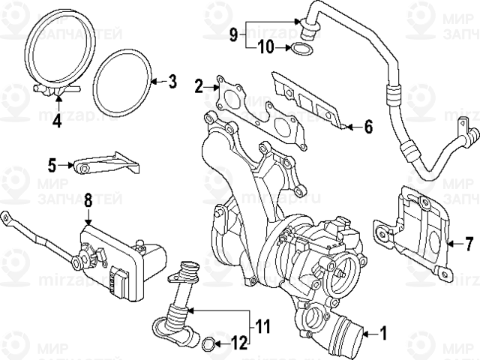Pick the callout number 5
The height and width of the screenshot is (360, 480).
[x=52, y=163]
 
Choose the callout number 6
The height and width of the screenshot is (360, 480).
[x=367, y=127]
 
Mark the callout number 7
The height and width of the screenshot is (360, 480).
[x=469, y=244]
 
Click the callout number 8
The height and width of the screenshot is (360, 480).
[x=88, y=200]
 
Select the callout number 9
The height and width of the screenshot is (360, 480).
[x=232, y=34]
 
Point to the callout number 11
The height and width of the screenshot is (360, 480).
[x=261, y=326]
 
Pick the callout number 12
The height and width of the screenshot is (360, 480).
[x=238, y=344]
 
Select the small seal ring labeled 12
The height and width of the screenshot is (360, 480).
[x=207, y=344]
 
